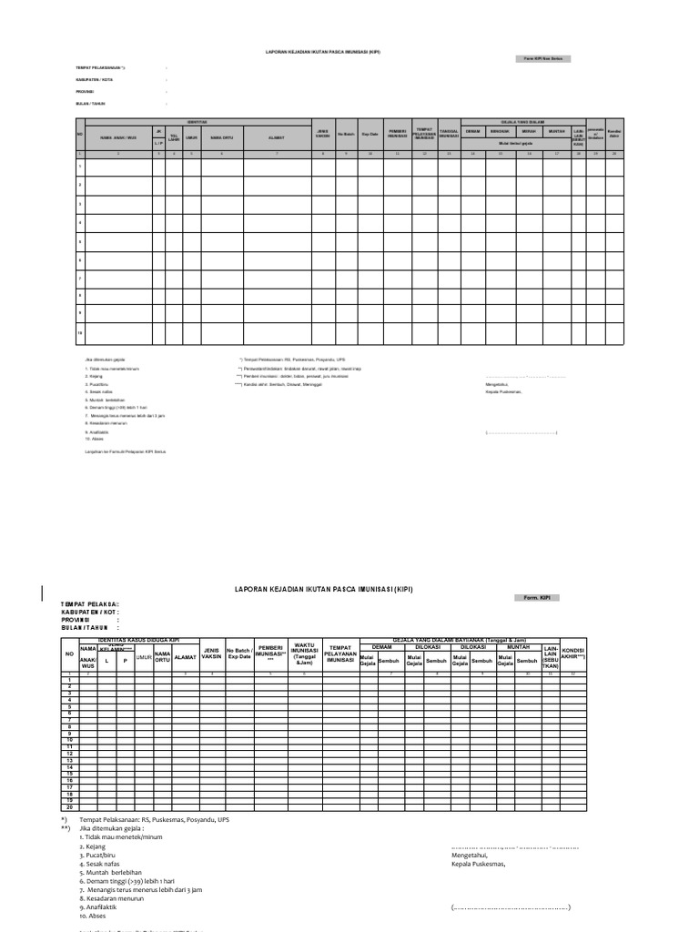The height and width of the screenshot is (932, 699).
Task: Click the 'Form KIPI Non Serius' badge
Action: click(543, 58)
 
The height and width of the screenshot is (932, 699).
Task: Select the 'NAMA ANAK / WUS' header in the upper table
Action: click(117, 138)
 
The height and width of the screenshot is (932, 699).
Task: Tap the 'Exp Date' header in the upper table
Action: click(370, 135)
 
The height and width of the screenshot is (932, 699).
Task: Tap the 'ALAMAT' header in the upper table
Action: click(277, 138)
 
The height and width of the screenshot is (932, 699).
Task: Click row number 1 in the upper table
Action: click(80, 166)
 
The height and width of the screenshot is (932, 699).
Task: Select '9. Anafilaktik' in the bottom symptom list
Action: click(100, 907)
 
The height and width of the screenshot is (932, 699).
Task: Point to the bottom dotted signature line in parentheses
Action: click(511, 907)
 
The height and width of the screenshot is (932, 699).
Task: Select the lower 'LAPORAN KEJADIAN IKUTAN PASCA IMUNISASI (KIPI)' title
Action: click(323, 589)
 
